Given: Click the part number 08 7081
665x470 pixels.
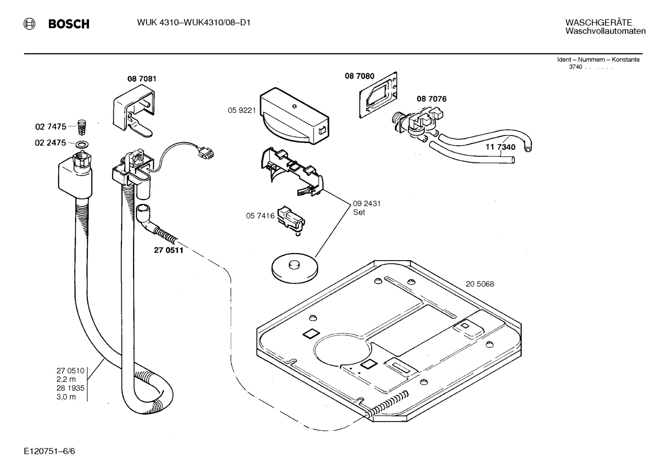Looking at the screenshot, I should [142, 79].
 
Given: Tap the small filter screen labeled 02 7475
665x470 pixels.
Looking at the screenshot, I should [82, 125].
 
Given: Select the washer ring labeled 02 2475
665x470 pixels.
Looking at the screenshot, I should [82, 144].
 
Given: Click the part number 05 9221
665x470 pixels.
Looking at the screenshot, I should [241, 110].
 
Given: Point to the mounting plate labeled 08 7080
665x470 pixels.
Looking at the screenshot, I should [379, 95].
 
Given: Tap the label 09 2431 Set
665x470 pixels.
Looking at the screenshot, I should [367, 208].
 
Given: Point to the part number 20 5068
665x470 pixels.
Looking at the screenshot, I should [480, 284].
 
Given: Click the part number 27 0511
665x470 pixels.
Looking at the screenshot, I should [168, 250].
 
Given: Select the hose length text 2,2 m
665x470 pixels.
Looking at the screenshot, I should [66, 379].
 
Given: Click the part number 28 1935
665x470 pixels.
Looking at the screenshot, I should [70, 388].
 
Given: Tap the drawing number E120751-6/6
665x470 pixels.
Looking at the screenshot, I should [49, 451].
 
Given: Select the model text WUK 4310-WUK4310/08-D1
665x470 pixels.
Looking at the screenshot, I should [193, 23].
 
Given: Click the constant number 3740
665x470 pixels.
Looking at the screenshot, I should [576, 67].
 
